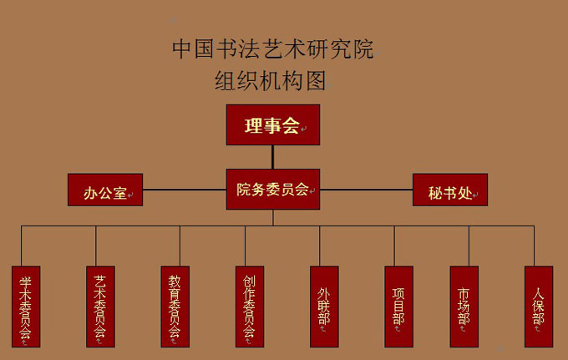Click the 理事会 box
(273, 125)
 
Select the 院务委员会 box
(273, 189)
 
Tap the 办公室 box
(105, 190)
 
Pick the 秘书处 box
(450, 190)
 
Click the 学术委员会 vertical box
(26, 307)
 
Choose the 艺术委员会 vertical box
(100, 307)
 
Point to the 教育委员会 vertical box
(175, 307)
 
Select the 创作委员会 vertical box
(250, 307)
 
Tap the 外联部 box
(324, 307)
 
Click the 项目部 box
(398, 307)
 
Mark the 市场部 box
(464, 307)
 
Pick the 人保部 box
(539, 307)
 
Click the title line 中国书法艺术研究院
(272, 49)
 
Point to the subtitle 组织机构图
(271, 80)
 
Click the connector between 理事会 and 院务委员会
(273, 157)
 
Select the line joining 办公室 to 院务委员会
(185, 189)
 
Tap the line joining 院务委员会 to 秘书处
(366, 189)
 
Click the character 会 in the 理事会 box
(291, 125)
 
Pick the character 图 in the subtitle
(316, 80)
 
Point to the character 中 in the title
(181, 49)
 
